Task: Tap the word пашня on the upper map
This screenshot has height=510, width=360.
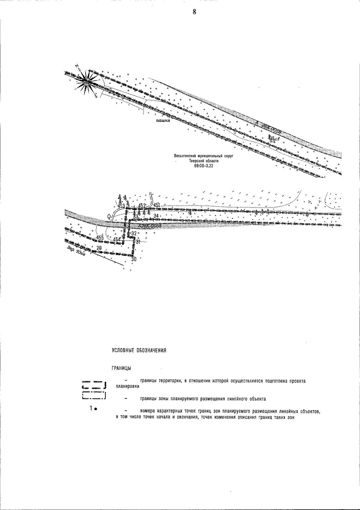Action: point(163,121)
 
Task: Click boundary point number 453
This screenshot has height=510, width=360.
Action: point(121,206)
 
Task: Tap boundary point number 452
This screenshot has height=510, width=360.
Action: point(142,205)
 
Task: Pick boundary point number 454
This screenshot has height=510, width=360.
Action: point(117,239)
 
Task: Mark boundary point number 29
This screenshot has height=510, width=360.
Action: point(99,248)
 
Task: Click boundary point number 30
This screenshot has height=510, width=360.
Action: point(134,259)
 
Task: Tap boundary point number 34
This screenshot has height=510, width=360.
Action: point(156,216)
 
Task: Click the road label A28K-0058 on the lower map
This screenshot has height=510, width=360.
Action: point(150,226)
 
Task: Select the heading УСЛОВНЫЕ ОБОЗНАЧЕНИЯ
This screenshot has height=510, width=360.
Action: point(139,350)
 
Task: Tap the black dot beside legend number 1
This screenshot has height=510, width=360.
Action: point(95,409)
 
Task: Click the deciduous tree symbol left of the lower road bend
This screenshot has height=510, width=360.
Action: point(108,216)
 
